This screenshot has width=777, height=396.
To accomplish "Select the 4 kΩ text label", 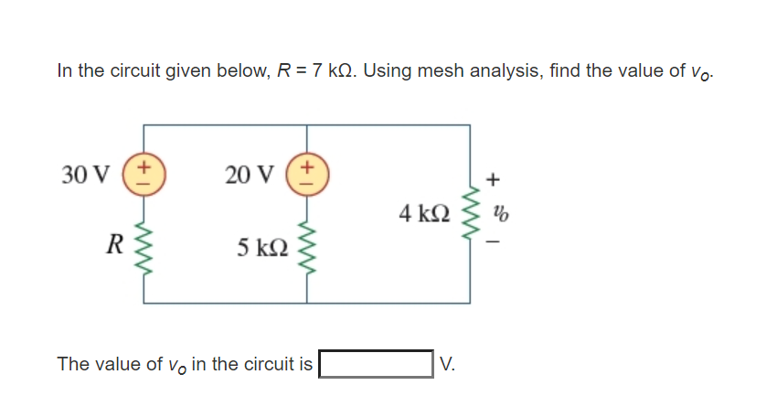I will tap(425, 215).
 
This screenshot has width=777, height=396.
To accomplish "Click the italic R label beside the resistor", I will tap(114, 245).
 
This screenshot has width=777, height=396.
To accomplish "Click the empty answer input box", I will tap(375, 364).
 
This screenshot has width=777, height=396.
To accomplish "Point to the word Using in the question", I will tap(390, 70).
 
